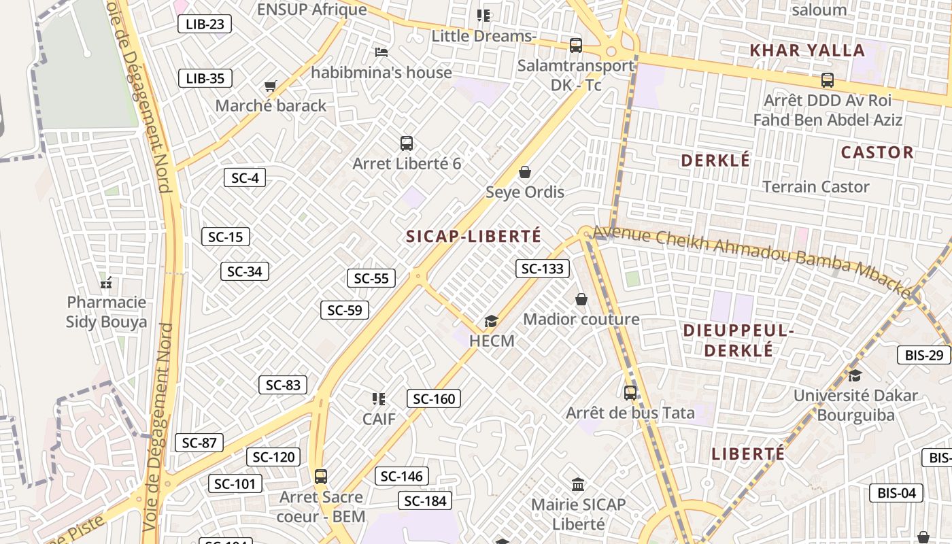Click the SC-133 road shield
tap(543, 269)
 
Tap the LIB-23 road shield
tap(205, 24)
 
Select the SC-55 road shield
tap(371, 278)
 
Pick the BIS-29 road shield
tap(924, 355)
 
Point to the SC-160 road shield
tap(434, 398)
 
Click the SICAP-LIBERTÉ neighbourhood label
tap(473, 237)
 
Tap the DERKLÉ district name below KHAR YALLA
tap(715, 160)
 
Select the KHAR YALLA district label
tap(806, 50)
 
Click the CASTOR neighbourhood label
tap(877, 152)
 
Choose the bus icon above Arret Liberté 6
tap(407, 143)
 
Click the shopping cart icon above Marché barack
tap(270, 86)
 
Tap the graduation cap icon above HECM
tap(491, 321)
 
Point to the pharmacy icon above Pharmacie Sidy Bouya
tap(106, 282)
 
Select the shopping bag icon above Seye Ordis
tap(525, 172)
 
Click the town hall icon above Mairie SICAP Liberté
tap(578, 484)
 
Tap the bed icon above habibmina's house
tap(381, 52)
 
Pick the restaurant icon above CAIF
tap(379, 398)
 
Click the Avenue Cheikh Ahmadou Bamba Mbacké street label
tap(751, 260)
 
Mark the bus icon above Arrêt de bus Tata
tap(630, 392)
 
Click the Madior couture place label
tap(581, 319)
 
